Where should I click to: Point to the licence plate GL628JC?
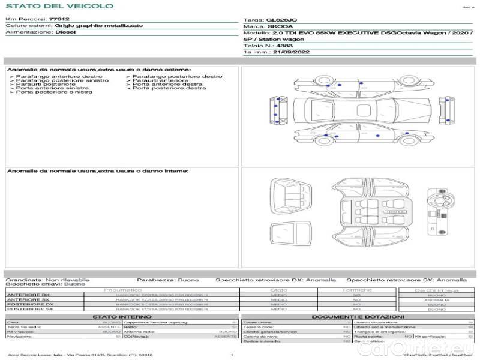(277, 20)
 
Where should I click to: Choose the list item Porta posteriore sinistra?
(54, 92)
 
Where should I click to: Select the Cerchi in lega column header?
(436, 290)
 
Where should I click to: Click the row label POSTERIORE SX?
(29, 309)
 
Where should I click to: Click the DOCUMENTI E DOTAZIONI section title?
(358, 316)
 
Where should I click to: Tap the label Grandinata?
(23, 280)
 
